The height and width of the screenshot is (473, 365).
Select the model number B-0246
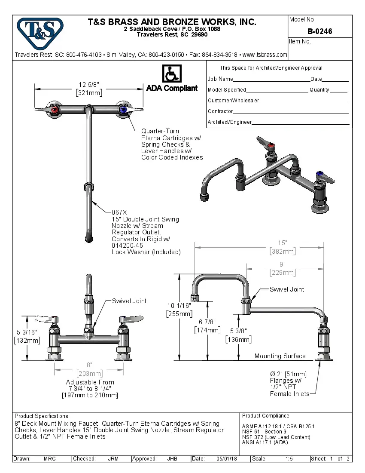tap(319, 31)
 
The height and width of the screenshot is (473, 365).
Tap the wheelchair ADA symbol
tap(172, 74)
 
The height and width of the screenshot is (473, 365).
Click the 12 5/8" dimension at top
tap(89, 84)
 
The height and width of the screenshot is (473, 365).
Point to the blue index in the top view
tap(124, 111)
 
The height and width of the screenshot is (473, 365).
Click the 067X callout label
tap(119, 212)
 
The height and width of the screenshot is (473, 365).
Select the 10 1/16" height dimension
tap(179, 306)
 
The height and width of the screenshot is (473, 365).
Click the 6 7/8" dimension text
tap(207, 322)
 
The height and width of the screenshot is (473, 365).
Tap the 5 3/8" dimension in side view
tap(238, 332)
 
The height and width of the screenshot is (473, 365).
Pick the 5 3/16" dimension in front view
tap(27, 332)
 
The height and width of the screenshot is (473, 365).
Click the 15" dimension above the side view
tap(282, 243)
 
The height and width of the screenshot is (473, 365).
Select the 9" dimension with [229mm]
tap(282, 264)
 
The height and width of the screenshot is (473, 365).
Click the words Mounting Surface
tap(280, 356)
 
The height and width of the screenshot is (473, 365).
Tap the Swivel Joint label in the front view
tap(129, 301)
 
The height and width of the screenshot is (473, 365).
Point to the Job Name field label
tap(220, 79)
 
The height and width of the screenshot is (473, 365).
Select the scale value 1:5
tap(289, 459)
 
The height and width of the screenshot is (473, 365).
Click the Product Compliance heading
tap(266, 416)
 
